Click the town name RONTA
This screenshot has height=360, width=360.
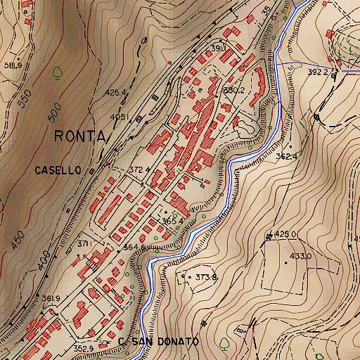click(x=79, y=136)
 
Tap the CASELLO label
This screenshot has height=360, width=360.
click(x=59, y=170)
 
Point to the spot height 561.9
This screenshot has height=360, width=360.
click(x=13, y=65)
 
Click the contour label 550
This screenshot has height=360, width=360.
click(x=24, y=99)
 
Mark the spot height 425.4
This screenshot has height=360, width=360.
click(x=115, y=92)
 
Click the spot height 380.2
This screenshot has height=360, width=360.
click(x=233, y=90)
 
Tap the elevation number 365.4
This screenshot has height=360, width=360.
click(x=172, y=221)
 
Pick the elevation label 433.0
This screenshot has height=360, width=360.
click(x=300, y=256)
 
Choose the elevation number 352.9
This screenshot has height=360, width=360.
click(x=84, y=348)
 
